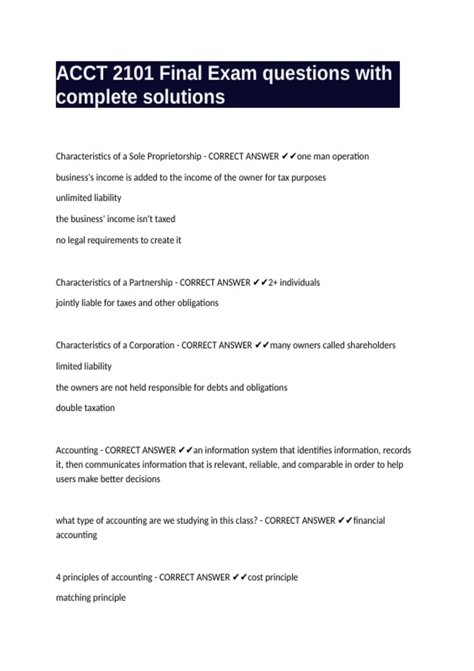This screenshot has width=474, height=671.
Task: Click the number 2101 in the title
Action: (x=133, y=73)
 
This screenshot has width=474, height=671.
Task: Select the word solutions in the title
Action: (x=183, y=97)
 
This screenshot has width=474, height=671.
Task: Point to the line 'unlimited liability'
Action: (x=88, y=198)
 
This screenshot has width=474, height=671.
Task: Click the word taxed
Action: (x=165, y=219)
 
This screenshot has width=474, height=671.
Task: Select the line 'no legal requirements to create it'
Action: (x=118, y=240)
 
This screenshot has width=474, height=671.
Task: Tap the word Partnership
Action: (x=151, y=283)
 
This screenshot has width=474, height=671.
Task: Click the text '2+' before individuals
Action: (x=273, y=283)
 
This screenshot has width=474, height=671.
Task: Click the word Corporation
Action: (x=152, y=345)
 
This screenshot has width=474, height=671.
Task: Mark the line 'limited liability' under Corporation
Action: (x=84, y=366)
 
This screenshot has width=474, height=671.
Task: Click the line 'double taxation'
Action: (x=85, y=408)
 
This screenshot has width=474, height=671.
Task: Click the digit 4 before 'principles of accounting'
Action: (x=58, y=577)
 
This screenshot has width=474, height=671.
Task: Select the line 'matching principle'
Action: (x=91, y=598)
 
